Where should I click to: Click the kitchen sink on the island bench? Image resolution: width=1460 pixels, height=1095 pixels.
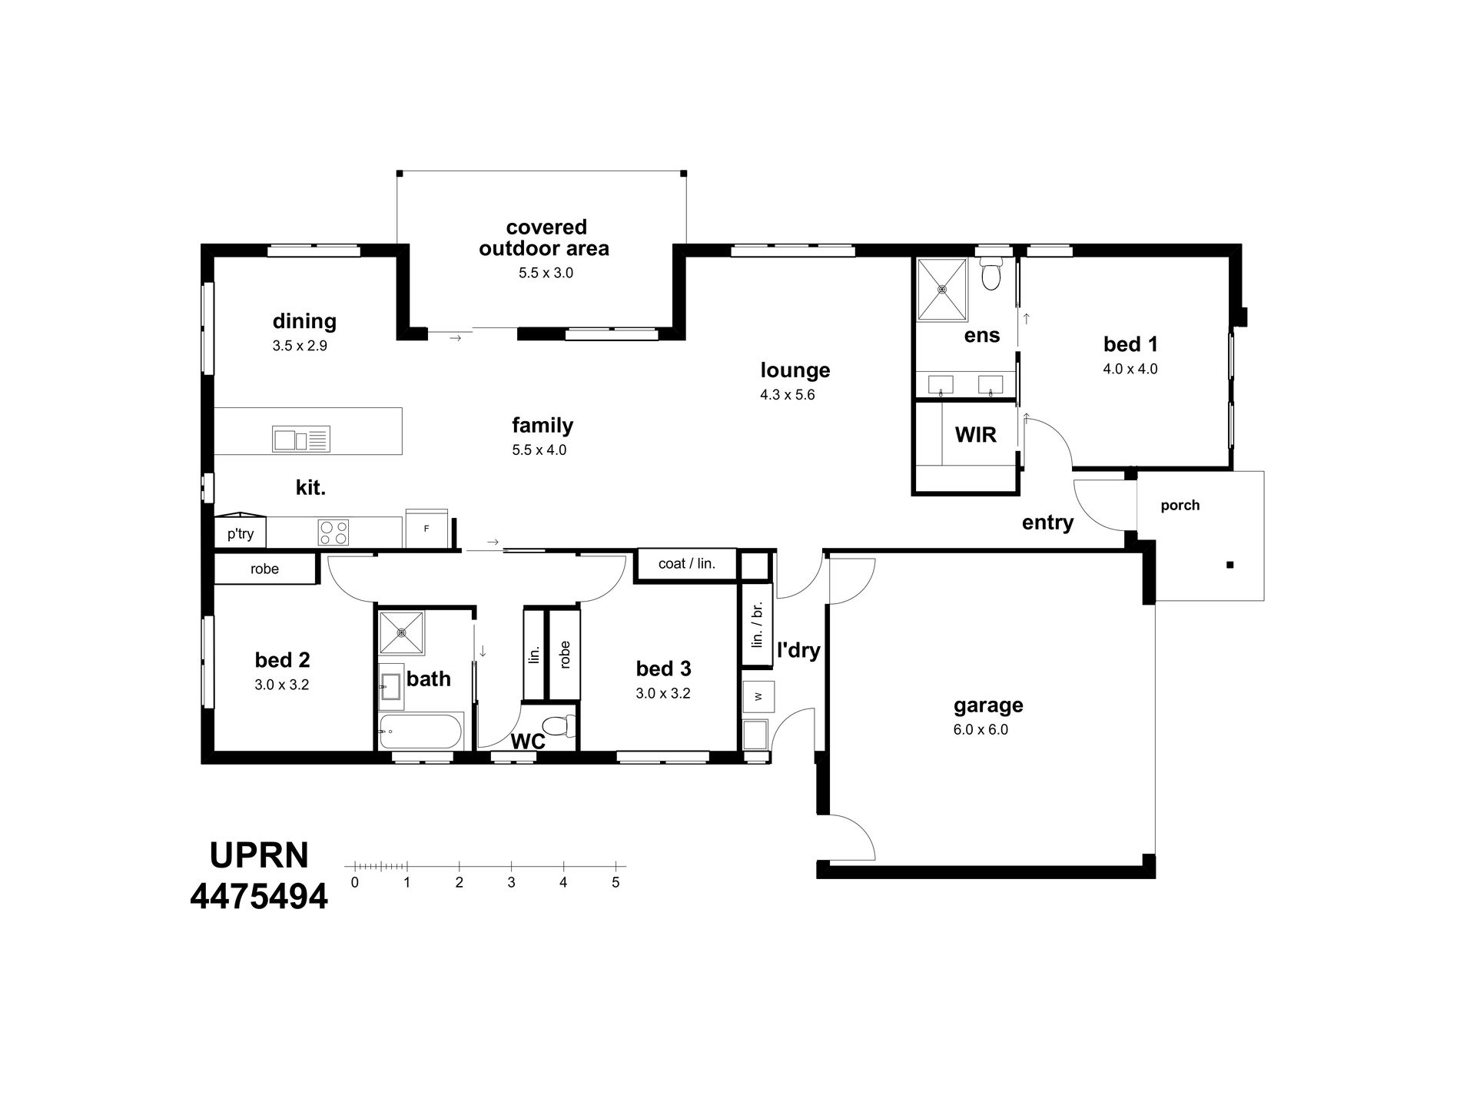(301, 439)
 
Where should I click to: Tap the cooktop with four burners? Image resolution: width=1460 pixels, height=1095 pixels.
(333, 532)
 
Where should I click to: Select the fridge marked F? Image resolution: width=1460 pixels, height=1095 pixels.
(426, 528)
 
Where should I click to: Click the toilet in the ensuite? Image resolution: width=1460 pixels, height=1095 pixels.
(991, 274)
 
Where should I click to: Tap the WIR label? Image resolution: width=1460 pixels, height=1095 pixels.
(976, 435)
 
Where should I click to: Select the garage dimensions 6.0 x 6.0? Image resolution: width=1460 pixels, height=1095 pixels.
(981, 730)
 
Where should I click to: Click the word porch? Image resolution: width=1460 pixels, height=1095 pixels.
(1180, 506)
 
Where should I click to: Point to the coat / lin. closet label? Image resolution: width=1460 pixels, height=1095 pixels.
(687, 564)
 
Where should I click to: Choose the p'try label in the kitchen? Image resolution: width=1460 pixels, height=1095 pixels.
(241, 534)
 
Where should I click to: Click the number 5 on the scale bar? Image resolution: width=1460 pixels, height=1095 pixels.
(616, 883)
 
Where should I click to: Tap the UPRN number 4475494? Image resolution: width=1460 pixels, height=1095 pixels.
(259, 896)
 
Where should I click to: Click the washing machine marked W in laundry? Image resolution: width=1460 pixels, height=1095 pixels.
(758, 696)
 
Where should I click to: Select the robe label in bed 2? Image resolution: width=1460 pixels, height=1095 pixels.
(264, 569)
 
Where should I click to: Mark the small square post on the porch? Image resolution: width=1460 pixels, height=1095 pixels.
(1230, 565)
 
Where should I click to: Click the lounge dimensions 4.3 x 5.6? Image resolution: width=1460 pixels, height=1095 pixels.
(788, 395)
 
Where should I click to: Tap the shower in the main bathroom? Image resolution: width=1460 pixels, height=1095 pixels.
(401, 634)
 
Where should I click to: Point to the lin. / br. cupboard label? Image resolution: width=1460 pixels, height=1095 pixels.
(757, 625)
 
